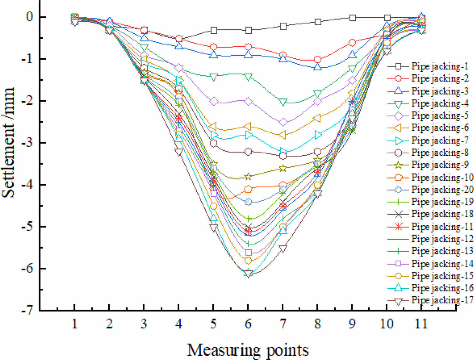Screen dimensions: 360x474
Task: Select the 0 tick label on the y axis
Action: point(29,17)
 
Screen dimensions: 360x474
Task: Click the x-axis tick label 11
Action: point(421,324)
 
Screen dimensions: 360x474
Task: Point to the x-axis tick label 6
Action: point(248,324)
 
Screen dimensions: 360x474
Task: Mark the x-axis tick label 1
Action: point(74,324)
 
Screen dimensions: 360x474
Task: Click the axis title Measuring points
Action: point(248,350)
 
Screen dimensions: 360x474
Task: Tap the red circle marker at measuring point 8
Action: point(318,60)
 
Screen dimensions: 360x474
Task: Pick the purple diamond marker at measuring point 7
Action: point(283,122)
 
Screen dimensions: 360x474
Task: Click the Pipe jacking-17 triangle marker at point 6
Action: point(248,274)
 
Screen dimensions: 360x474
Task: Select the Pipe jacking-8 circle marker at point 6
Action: point(248,152)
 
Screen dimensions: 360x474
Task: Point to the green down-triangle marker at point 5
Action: point(213,77)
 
